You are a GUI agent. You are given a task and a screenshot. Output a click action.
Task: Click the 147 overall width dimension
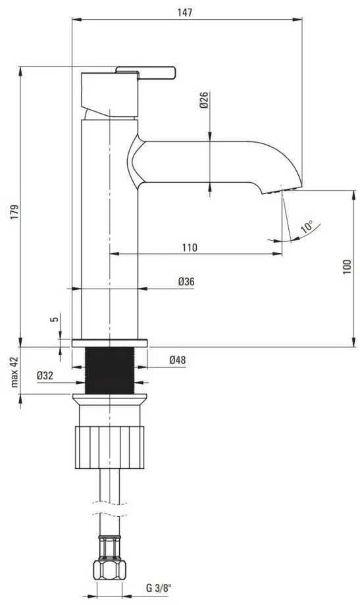tap(185, 12)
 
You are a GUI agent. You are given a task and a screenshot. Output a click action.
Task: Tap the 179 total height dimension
tap(14, 212)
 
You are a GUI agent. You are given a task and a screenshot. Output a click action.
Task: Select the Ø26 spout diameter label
tap(203, 100)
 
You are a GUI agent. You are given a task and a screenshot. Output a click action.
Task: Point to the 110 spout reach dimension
tap(190, 247)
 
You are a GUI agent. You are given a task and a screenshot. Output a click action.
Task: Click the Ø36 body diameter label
tap(186, 281)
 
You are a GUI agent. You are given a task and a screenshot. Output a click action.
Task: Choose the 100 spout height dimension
tap(347, 266)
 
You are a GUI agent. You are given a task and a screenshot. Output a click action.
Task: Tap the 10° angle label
tap(307, 226)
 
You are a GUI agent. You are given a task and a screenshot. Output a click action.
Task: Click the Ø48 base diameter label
tap(177, 360)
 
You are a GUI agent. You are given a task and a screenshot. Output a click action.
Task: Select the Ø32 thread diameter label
tap(45, 375)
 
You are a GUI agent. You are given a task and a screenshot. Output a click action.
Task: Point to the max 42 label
tap(14, 372)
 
